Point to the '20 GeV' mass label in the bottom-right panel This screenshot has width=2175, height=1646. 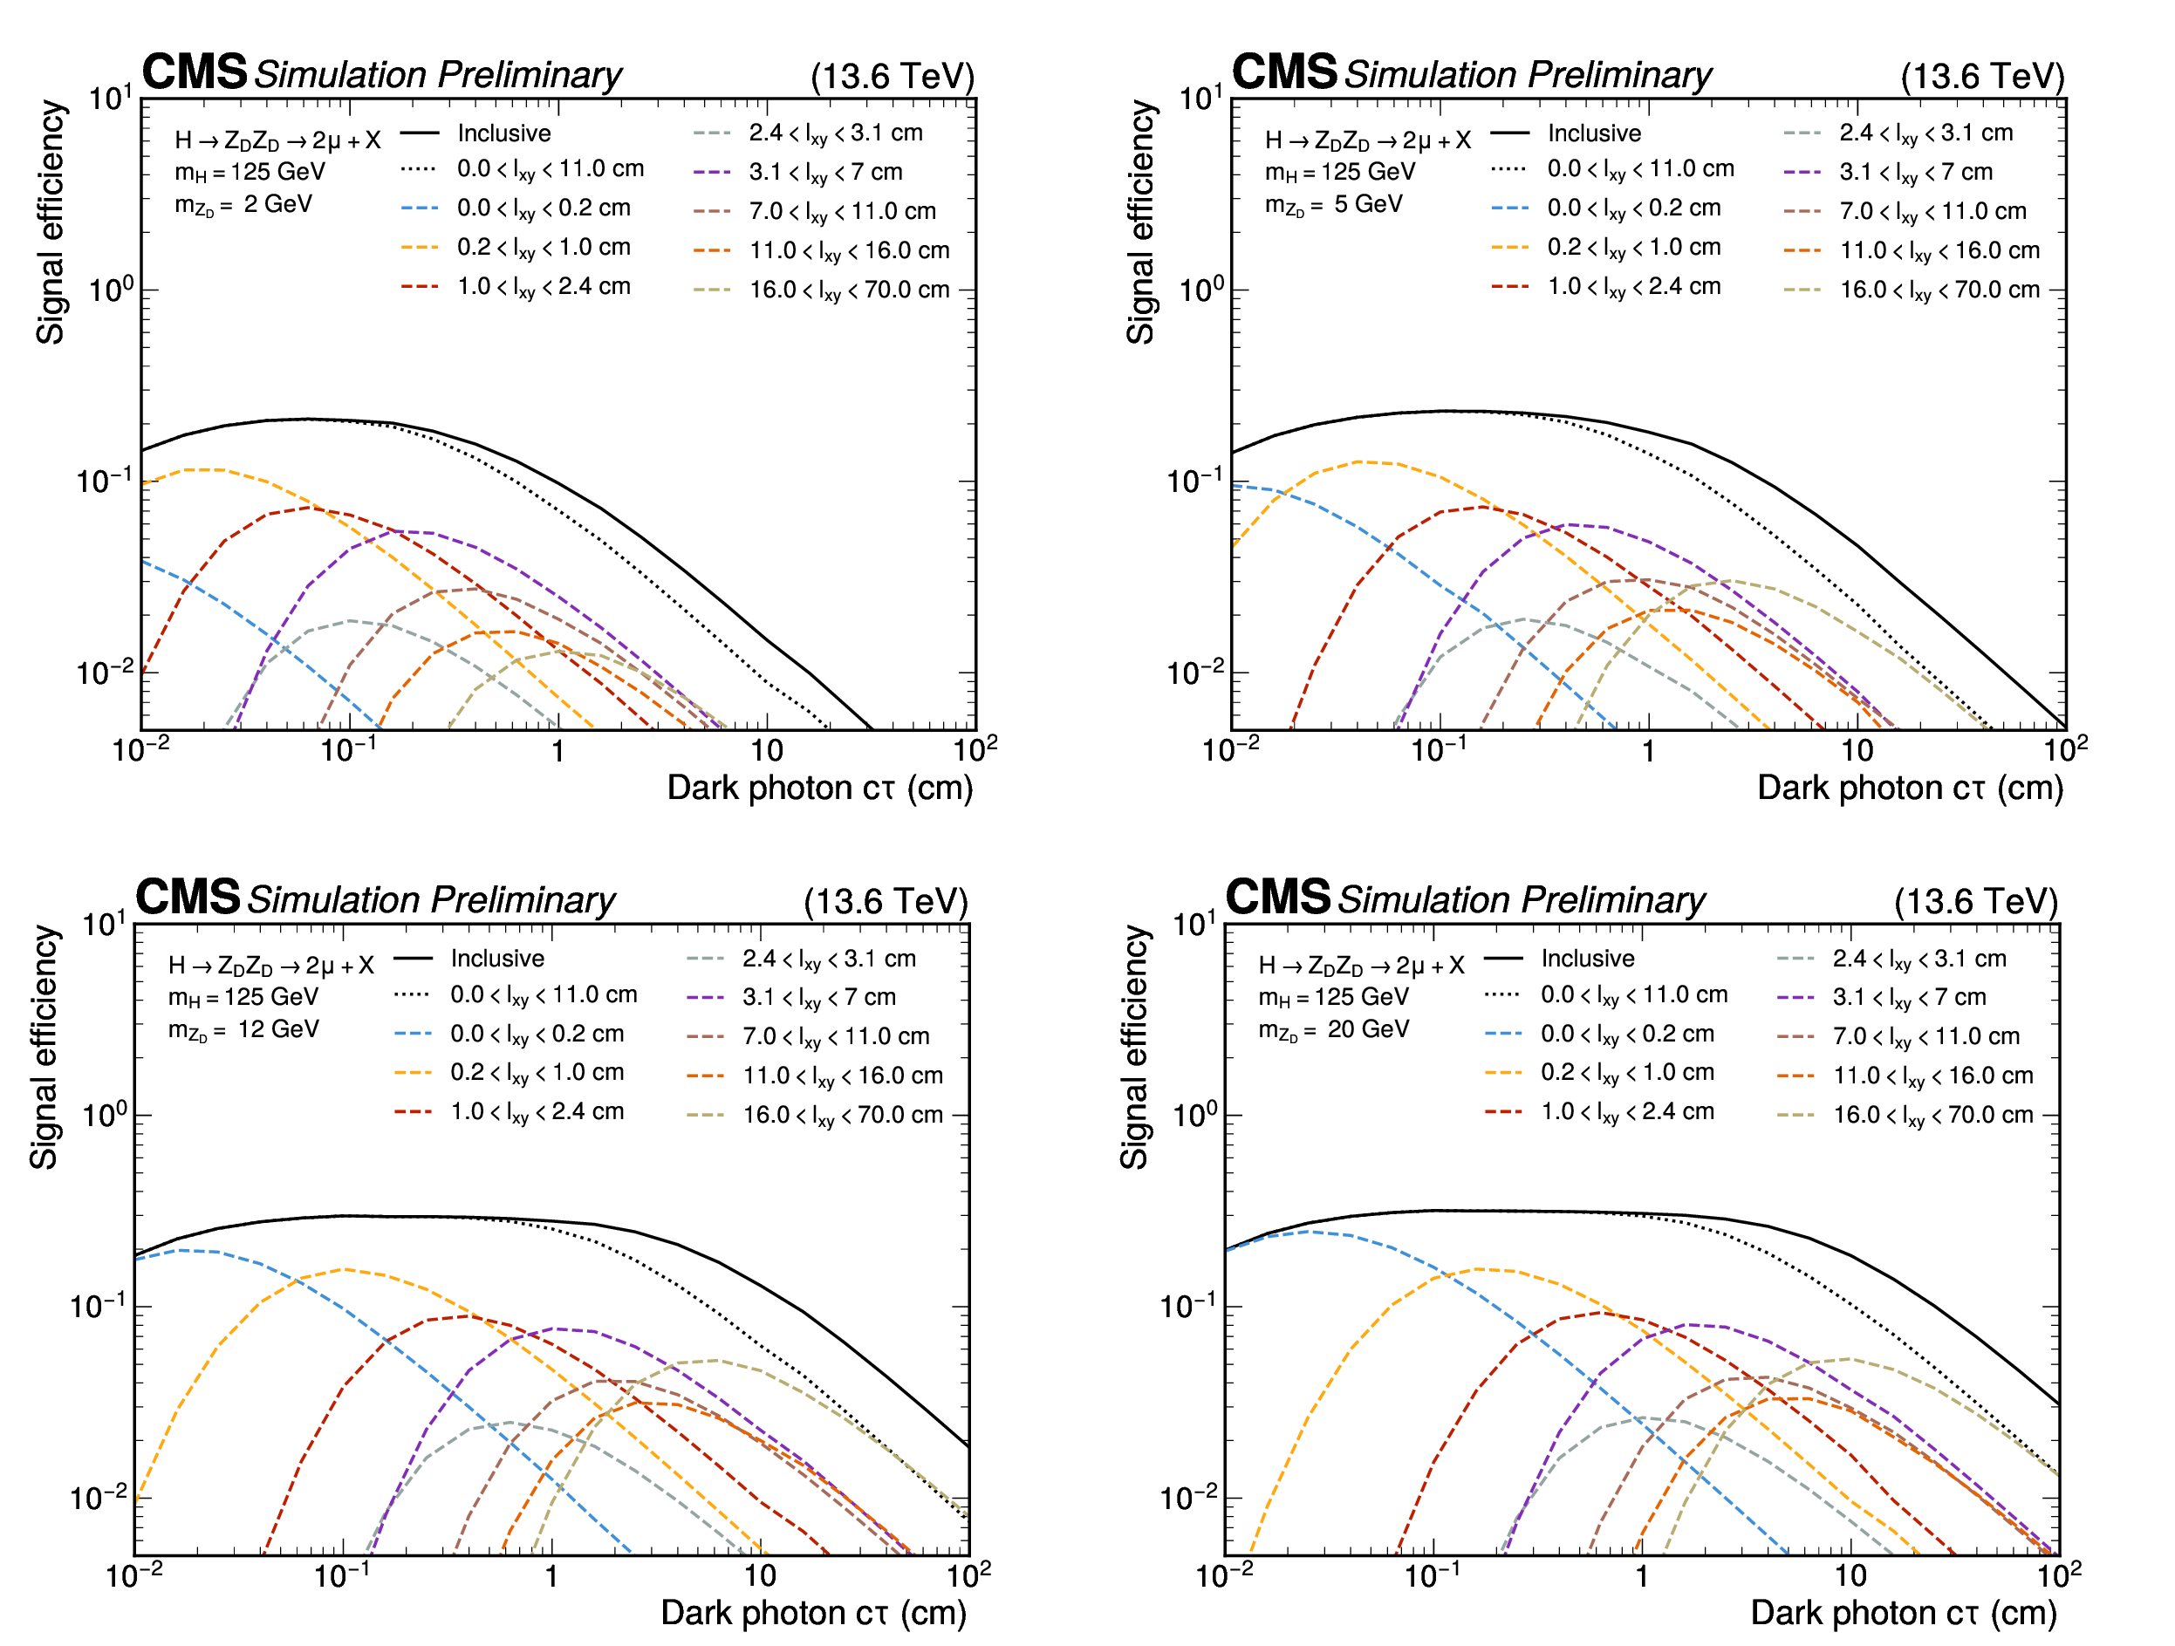(1369, 1029)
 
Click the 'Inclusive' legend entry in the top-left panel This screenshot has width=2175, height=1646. (503, 133)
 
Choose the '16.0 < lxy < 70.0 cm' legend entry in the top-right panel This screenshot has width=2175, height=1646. (1939, 290)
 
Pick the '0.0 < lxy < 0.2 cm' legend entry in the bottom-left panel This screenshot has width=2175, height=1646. (537, 1035)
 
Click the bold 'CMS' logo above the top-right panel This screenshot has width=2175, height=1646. (1284, 72)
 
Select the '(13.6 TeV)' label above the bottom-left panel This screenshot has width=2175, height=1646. (885, 902)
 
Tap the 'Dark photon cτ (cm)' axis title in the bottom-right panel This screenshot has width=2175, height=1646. (1904, 1613)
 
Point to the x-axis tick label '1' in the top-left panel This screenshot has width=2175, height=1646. (557, 752)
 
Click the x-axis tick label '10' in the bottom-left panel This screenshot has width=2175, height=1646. (759, 1577)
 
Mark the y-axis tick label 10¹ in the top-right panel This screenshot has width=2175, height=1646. (1200, 99)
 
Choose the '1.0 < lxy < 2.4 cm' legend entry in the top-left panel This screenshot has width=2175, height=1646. (543, 287)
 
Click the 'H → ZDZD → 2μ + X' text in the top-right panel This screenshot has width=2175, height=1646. (1367, 140)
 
